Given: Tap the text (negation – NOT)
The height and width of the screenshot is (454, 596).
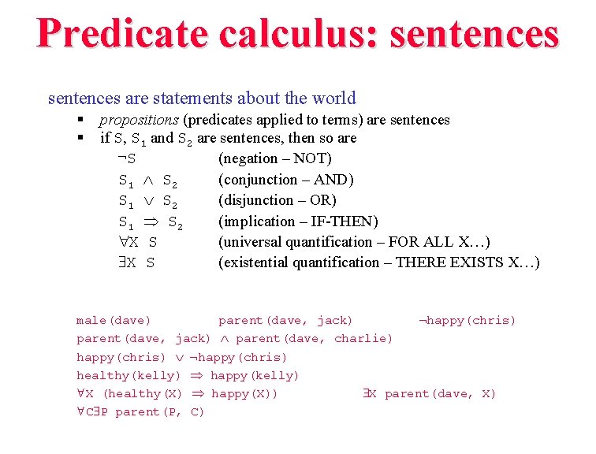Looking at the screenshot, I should coord(275,158).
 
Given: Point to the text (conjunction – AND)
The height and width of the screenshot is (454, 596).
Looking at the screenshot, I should coord(286,180).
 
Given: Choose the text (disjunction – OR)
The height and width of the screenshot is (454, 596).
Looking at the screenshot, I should coord(278,200).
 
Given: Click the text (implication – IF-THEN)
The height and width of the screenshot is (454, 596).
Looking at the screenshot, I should coord(298,221).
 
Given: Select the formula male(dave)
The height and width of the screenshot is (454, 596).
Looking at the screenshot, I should coord(114,321).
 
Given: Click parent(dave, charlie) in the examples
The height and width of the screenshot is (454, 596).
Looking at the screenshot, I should coord(315,339).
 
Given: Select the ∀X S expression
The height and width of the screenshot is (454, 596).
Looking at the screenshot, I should coord(137,242).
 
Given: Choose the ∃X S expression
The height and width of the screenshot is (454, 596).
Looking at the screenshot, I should coord(137,262).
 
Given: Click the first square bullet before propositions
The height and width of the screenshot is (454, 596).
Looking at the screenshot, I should coord(80,120).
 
